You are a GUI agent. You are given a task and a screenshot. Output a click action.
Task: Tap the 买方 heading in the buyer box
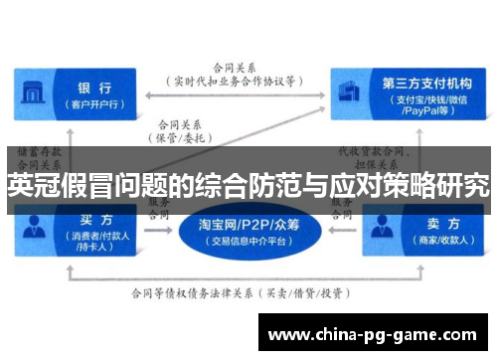pos(93,219)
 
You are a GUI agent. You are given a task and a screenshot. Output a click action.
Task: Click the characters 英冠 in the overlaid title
pos(29,184)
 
